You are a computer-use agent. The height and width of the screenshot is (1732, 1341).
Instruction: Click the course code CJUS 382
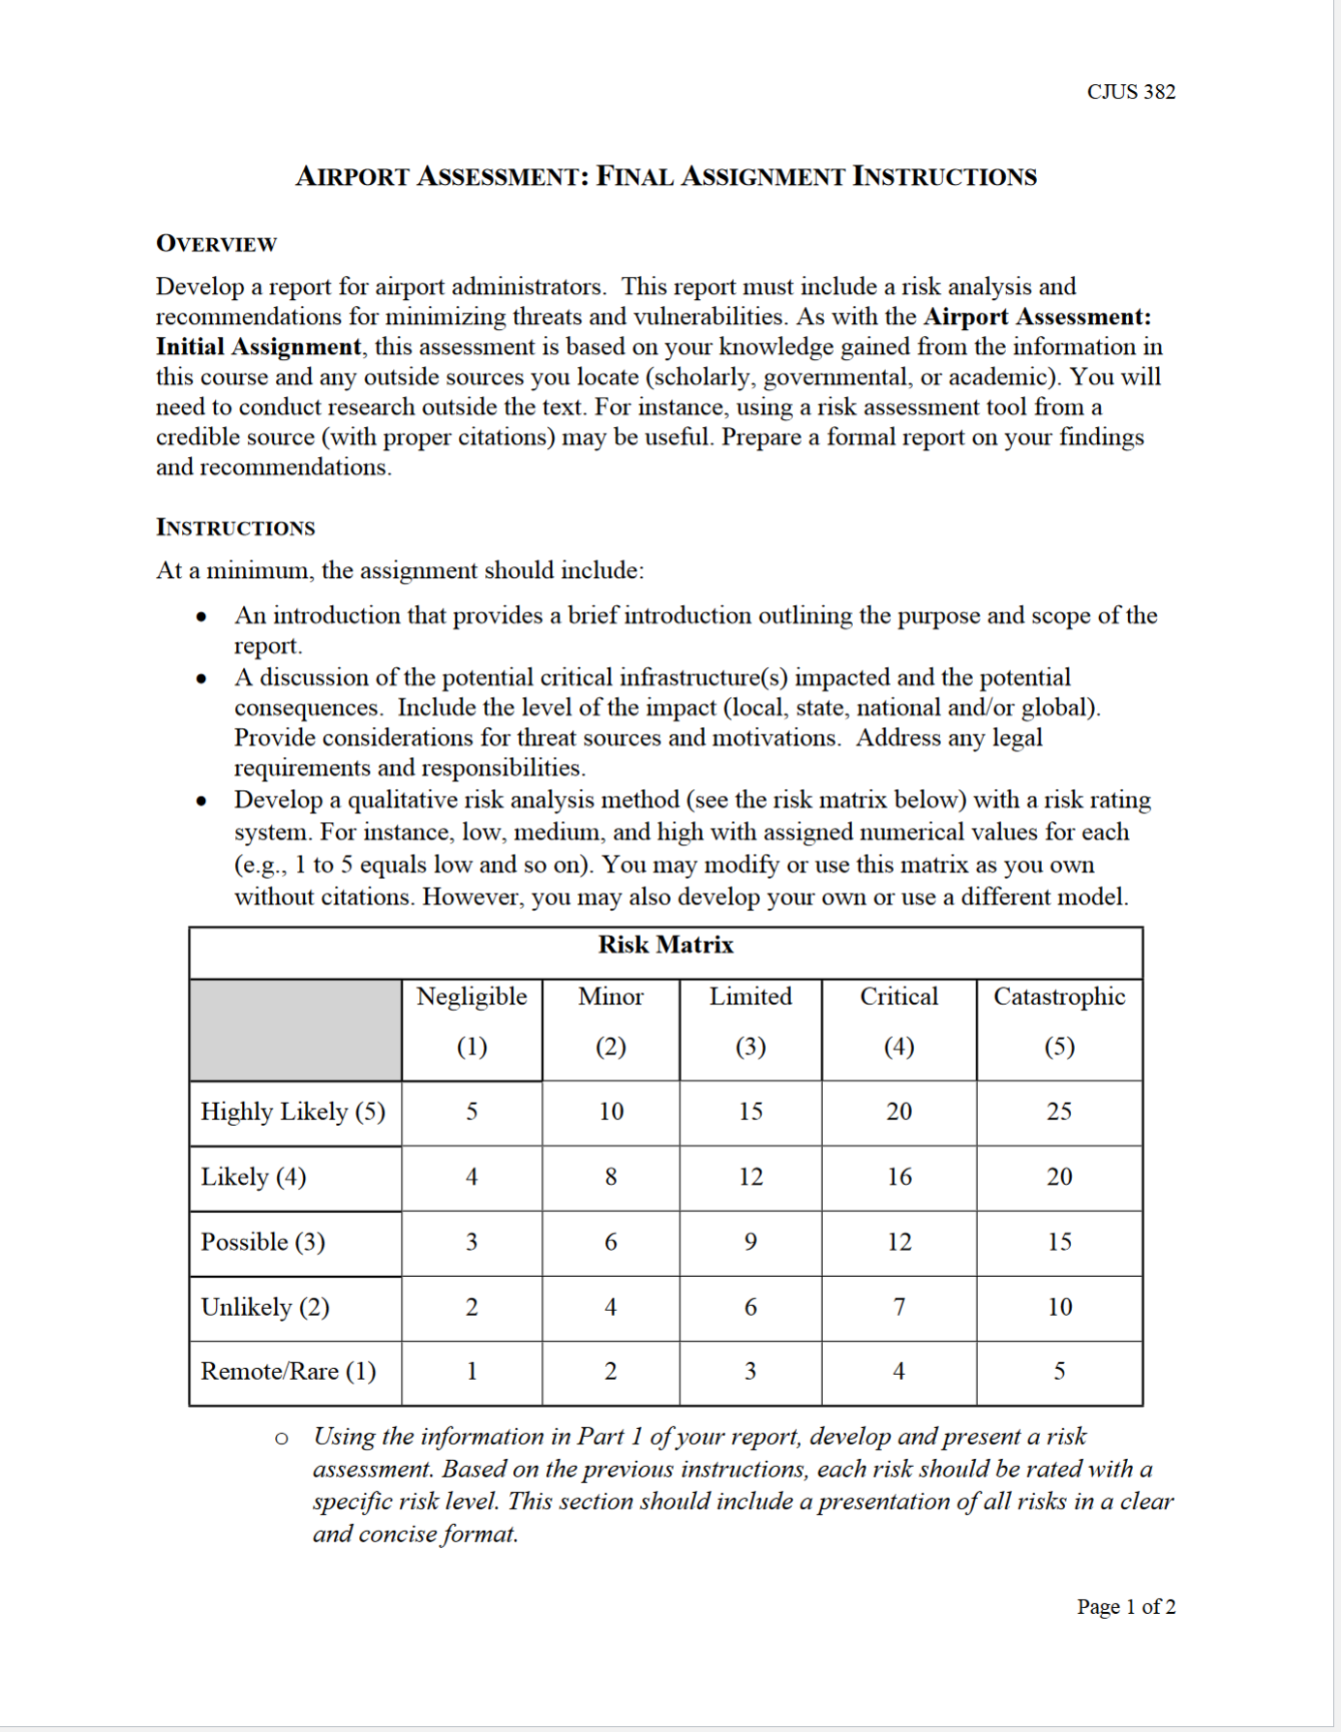click(x=1130, y=92)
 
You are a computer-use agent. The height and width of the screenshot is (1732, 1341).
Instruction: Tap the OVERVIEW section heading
click(x=216, y=244)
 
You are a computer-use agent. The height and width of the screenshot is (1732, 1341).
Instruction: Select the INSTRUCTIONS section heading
click(x=235, y=528)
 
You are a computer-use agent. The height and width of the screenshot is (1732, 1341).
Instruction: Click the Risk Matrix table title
click(x=665, y=945)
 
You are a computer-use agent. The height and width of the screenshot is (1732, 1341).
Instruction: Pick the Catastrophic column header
click(x=1059, y=997)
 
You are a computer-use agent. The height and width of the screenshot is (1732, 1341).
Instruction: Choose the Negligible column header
click(x=472, y=997)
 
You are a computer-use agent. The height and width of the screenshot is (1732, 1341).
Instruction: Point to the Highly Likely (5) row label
click(x=292, y=1111)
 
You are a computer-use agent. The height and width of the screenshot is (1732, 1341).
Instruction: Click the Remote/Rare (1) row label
click(x=288, y=1372)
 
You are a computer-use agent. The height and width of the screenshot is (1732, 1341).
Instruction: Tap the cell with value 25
click(x=1058, y=1111)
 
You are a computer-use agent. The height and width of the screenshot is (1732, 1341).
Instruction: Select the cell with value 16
click(x=899, y=1177)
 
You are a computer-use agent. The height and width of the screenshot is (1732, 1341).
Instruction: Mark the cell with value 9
click(x=750, y=1242)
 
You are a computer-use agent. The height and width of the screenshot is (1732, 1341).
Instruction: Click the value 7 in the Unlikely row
click(x=899, y=1307)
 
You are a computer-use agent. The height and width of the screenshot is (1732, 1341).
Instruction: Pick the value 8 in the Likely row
click(x=610, y=1177)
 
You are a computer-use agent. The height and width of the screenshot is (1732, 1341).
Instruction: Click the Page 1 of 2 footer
click(x=1125, y=1607)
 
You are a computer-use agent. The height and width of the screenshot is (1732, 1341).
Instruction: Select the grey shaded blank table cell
click(x=295, y=1030)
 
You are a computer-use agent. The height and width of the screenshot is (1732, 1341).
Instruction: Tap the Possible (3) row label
click(x=262, y=1242)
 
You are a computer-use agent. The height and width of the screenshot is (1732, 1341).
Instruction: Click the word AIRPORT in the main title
click(x=352, y=177)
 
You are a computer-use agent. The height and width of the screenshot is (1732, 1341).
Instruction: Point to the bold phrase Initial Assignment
click(x=258, y=347)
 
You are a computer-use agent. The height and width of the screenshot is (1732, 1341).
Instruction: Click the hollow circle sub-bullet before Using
click(x=281, y=1439)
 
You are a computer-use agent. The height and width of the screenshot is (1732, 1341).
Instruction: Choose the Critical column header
click(x=899, y=997)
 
